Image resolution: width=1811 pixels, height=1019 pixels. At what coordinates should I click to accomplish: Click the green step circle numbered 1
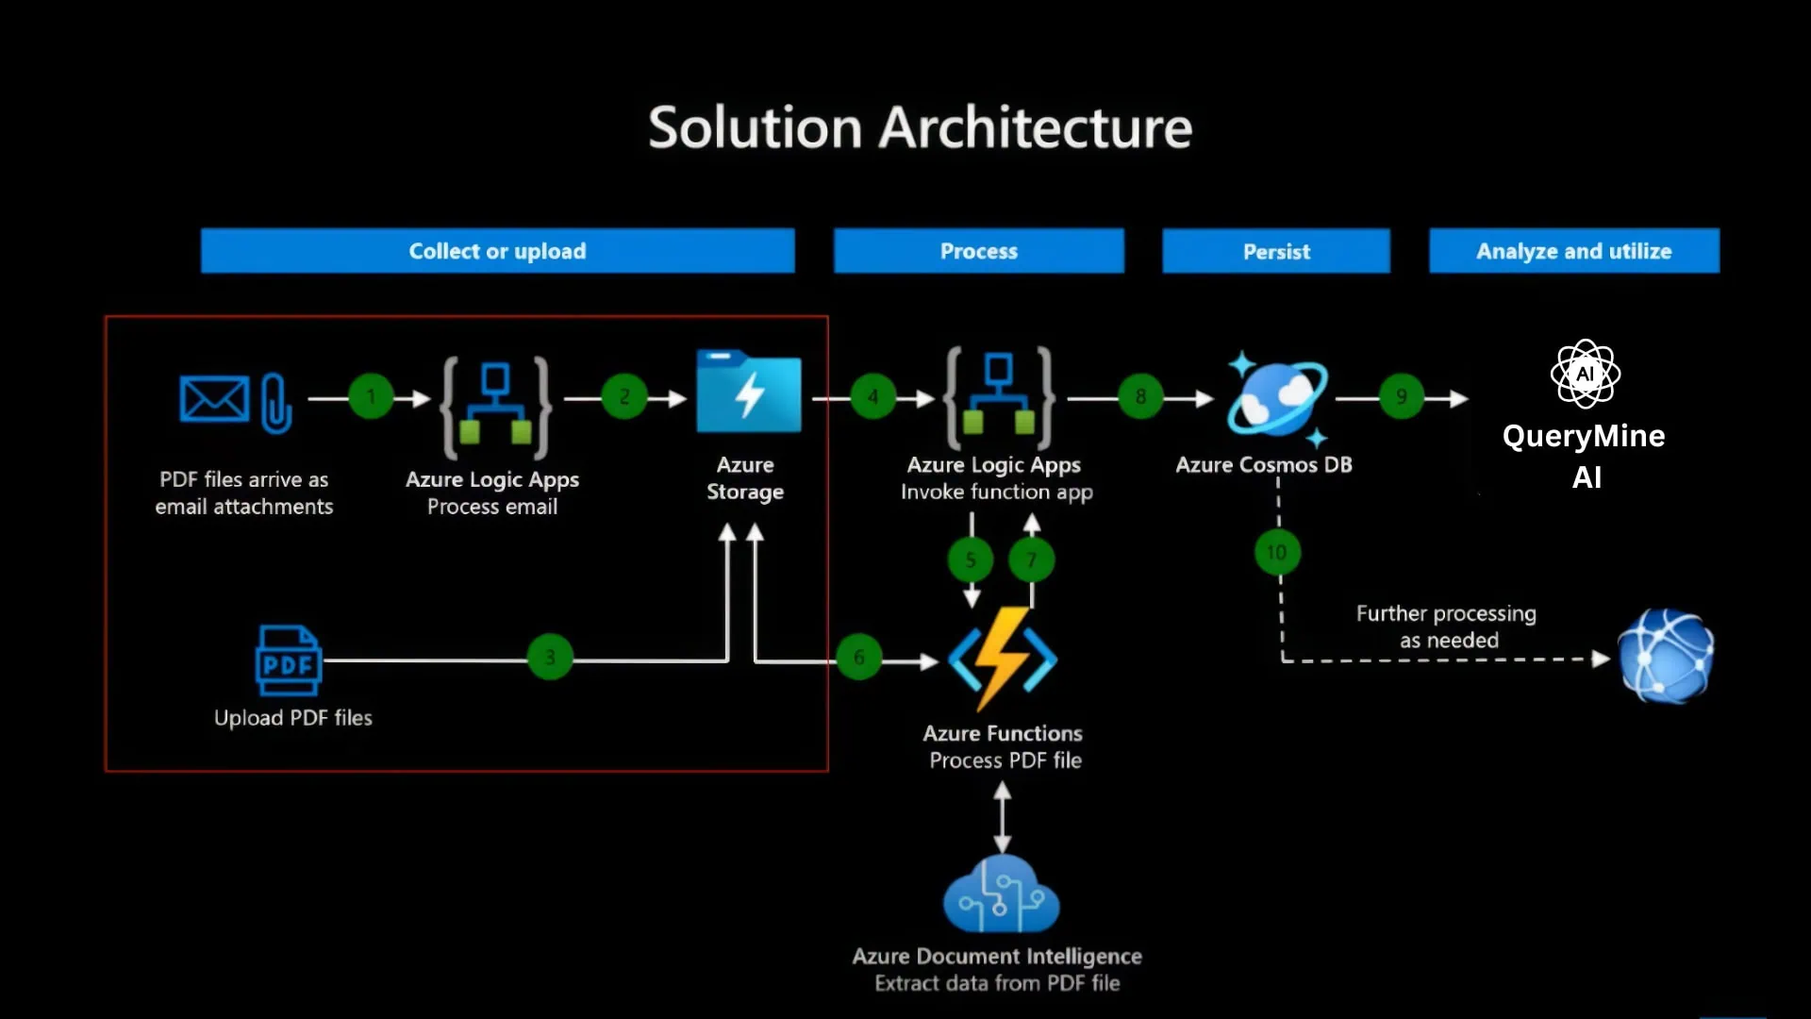click(371, 397)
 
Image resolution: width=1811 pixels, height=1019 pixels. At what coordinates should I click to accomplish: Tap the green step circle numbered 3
click(550, 657)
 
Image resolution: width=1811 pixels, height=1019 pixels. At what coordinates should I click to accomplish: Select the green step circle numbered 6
click(858, 657)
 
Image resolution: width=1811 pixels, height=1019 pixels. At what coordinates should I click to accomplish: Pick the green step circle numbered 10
click(1277, 552)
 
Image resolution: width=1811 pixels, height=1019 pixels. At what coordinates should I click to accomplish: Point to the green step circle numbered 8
click(1140, 397)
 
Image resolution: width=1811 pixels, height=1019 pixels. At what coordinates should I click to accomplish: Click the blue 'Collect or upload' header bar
click(497, 251)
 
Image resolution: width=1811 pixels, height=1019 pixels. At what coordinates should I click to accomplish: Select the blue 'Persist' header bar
click(1276, 251)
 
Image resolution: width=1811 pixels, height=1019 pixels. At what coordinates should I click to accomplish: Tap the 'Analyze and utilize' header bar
click(1573, 251)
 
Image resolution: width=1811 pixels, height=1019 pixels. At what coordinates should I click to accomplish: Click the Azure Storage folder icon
click(748, 392)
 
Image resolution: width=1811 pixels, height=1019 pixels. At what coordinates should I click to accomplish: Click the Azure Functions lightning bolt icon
click(1003, 659)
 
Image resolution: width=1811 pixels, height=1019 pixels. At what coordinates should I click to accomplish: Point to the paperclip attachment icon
click(275, 403)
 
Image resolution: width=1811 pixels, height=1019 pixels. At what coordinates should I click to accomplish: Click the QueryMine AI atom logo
click(1585, 374)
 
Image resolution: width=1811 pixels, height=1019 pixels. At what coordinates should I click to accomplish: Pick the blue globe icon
click(1666, 657)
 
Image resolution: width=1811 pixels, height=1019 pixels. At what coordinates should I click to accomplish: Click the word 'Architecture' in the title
click(1035, 127)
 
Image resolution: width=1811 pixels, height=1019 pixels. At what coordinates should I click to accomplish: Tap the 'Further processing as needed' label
click(1447, 626)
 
